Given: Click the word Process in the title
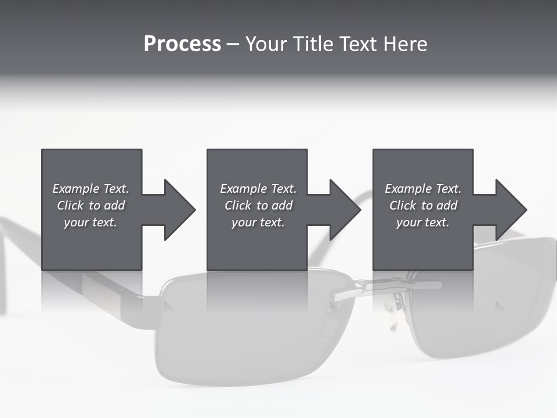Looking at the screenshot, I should click(182, 44).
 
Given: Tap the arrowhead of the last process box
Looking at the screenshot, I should click(511, 210).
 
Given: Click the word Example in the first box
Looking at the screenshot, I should click(75, 189).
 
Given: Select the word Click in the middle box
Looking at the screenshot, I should click(237, 206).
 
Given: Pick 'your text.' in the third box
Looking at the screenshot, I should click(423, 222).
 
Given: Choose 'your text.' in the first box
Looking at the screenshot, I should click(91, 222).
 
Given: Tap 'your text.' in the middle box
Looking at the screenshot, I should click(258, 222).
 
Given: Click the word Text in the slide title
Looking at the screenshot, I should click(357, 44).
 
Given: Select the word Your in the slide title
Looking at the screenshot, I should click(265, 44).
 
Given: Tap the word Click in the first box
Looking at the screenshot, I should click(70, 206).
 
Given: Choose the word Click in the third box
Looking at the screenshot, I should click(402, 206).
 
